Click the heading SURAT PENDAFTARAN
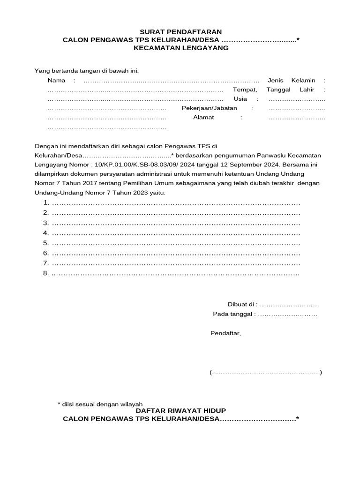point(180,32)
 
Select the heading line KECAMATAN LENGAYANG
point(180,47)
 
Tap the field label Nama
point(57,81)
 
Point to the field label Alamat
point(203,118)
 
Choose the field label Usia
point(240,99)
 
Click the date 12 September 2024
point(252,165)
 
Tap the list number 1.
point(46,202)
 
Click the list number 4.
point(46,233)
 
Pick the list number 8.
point(46,273)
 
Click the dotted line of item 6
point(175,253)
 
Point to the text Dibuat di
point(242,305)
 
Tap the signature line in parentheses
point(266,373)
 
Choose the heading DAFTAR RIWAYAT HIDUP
point(180,411)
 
